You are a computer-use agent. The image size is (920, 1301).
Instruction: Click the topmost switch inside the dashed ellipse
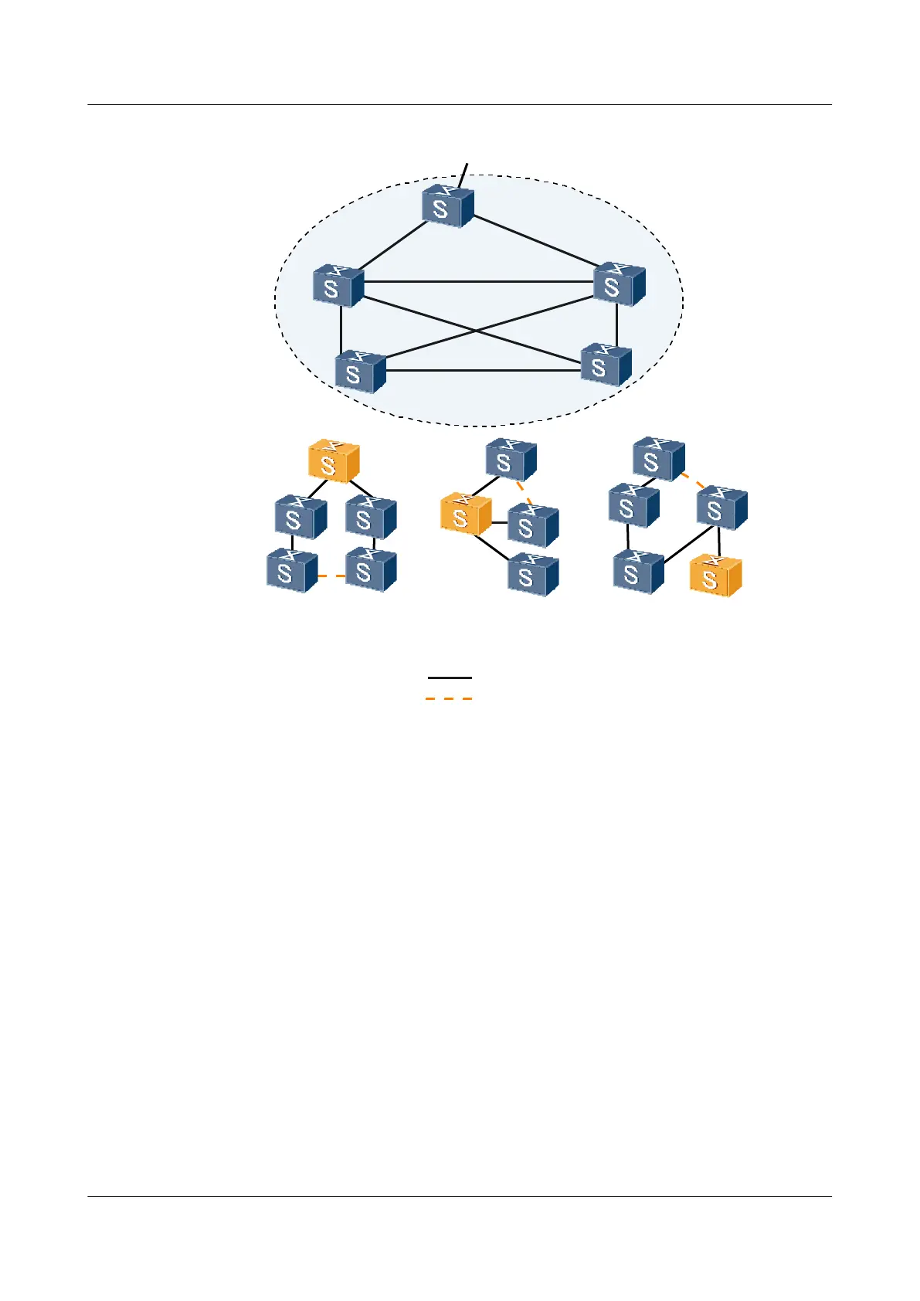(x=447, y=206)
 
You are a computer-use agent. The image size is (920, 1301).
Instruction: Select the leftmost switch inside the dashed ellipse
(x=338, y=286)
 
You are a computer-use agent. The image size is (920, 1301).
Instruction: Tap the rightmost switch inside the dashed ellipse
(x=619, y=284)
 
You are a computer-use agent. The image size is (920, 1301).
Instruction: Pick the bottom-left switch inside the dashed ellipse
(x=360, y=372)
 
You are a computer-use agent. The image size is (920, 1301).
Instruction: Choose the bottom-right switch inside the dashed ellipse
(x=606, y=365)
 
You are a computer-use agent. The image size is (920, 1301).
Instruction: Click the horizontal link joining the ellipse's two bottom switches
(x=483, y=371)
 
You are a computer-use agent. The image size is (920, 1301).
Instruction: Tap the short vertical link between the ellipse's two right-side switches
(x=616, y=325)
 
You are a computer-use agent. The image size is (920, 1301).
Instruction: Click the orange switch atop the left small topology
(x=334, y=461)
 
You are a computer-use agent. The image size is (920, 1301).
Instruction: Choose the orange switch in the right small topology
(x=715, y=576)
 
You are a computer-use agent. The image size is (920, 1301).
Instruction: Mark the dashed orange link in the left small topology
(x=331, y=576)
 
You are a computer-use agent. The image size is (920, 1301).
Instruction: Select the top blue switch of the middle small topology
(x=510, y=460)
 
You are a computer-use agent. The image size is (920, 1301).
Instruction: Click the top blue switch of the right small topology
(x=657, y=459)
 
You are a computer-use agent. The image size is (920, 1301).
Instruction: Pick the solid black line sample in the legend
(x=450, y=678)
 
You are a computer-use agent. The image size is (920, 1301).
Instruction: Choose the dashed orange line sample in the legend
(x=449, y=698)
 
